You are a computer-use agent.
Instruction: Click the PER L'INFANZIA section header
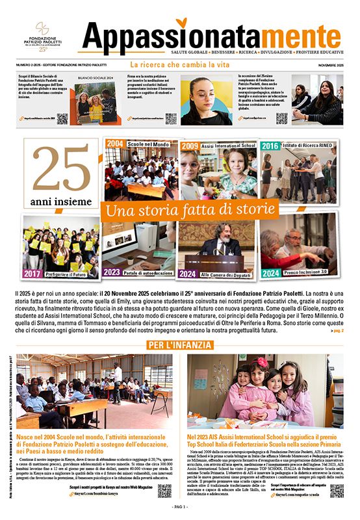click(x=180, y=344)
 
